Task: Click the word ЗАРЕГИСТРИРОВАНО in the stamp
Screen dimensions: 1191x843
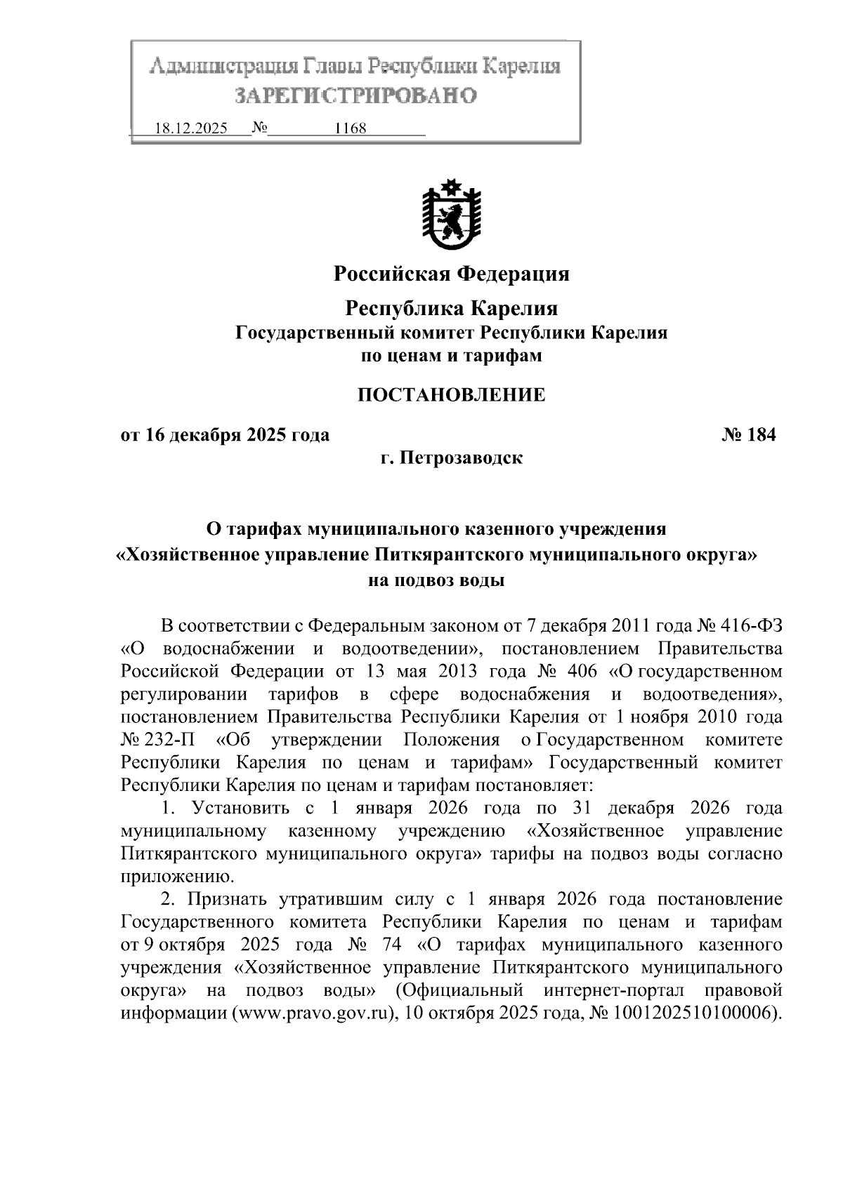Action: coord(355,95)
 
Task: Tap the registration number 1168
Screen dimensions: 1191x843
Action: coord(351,129)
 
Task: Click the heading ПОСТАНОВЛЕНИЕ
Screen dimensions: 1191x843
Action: coord(451,395)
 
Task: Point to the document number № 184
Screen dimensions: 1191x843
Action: coord(748,435)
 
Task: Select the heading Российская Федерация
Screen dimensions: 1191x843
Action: coord(451,274)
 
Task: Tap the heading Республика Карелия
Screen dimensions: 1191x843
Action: coord(451,308)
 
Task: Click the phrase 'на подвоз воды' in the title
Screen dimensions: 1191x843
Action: coord(436,580)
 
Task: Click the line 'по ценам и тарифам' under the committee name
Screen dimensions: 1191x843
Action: coord(451,356)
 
